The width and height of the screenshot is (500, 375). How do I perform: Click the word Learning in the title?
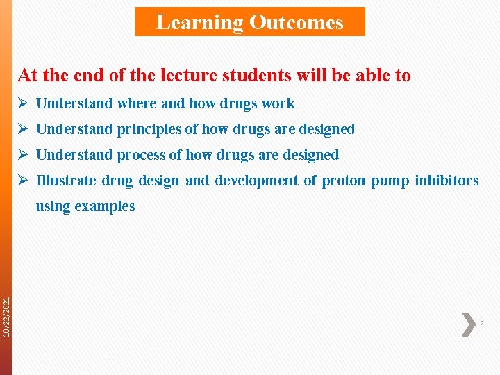[x=199, y=22]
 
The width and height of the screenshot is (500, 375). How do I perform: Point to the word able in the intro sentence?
[x=366, y=75]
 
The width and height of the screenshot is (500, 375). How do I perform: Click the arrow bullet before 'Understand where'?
[x=23, y=103]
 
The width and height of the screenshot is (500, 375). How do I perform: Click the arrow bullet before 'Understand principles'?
[x=23, y=129]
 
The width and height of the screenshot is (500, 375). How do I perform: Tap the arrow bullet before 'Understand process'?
[x=23, y=155]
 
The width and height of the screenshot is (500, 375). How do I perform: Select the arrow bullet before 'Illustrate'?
[x=23, y=181]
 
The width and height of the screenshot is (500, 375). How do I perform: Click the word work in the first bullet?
[x=278, y=103]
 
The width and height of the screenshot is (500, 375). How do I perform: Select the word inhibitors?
[x=447, y=181]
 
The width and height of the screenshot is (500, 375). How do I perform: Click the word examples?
[x=104, y=206]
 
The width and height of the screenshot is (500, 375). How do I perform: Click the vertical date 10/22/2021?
[x=6, y=317]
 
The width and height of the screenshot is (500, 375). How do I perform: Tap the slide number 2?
[x=482, y=324]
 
